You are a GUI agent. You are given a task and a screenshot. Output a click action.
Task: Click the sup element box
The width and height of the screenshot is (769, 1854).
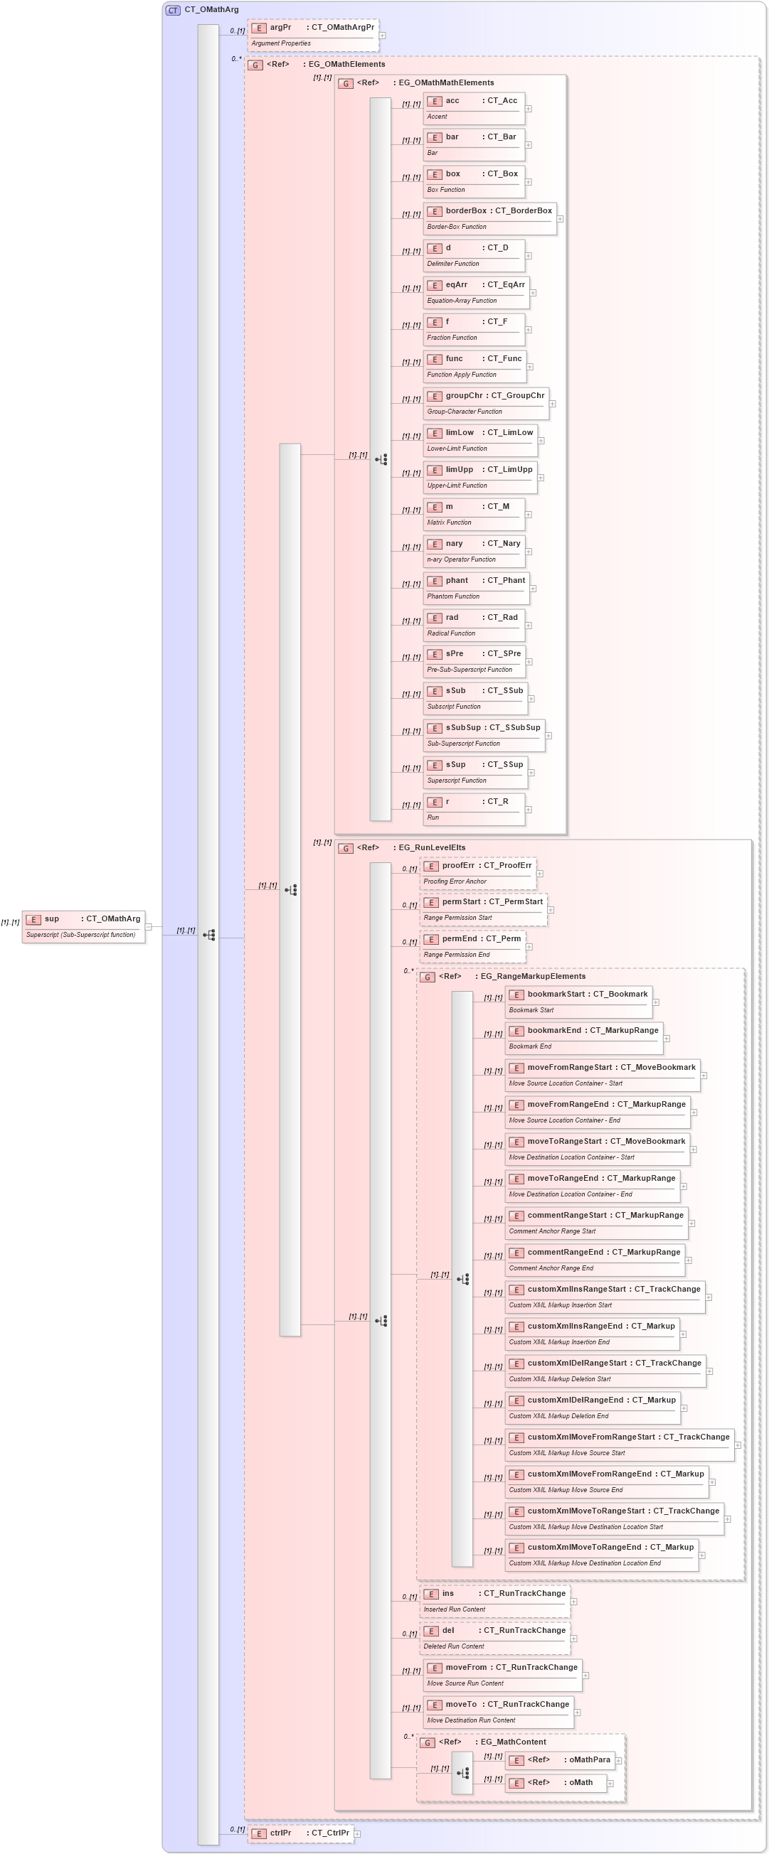click(83, 926)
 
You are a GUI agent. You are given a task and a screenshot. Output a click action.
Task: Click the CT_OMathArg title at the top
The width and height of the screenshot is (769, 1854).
click(211, 10)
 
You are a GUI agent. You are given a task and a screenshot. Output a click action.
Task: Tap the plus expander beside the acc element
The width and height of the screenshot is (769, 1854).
click(529, 109)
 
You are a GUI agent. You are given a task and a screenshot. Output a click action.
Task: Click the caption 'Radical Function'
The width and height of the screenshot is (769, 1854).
click(452, 633)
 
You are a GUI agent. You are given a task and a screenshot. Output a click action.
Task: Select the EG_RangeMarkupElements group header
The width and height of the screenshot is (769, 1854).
click(532, 977)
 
